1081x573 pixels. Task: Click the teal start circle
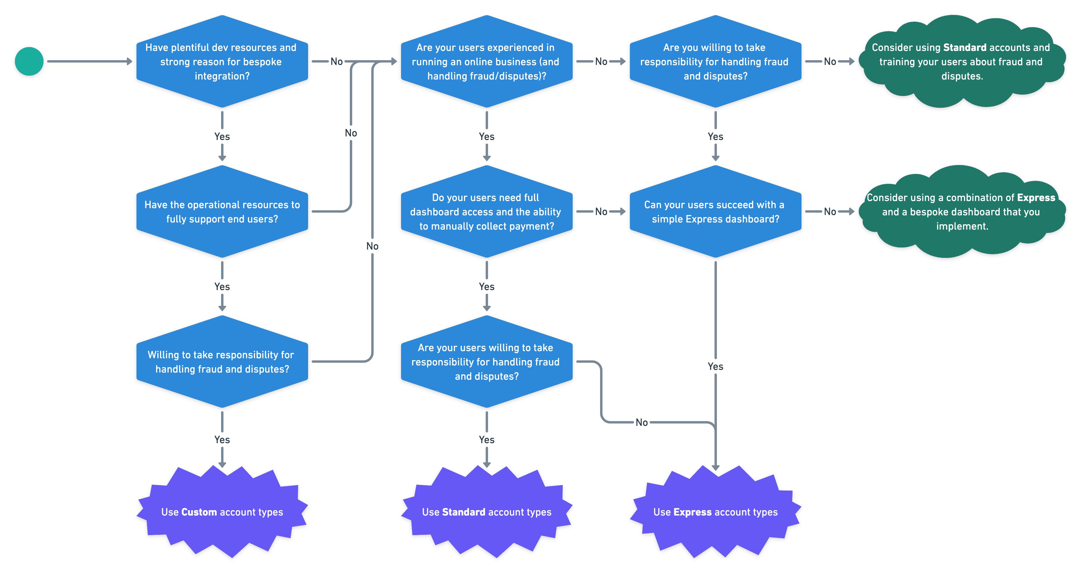click(29, 61)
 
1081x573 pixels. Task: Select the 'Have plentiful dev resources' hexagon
click(222, 62)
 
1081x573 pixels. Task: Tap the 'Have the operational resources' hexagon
click(222, 211)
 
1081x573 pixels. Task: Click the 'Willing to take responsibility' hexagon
click(222, 362)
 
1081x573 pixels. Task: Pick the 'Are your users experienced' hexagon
click(486, 62)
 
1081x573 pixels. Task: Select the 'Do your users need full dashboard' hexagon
click(486, 211)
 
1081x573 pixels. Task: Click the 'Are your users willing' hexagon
click(486, 362)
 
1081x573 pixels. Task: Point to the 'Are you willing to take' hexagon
click(715, 62)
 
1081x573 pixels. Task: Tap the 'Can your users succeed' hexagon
click(715, 211)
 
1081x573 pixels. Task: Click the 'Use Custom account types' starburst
click(222, 512)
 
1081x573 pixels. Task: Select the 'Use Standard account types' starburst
click(486, 512)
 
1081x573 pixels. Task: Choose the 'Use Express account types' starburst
click(715, 512)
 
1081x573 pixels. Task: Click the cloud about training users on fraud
click(961, 62)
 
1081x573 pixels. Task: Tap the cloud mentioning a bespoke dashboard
click(961, 211)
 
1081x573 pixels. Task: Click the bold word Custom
click(199, 512)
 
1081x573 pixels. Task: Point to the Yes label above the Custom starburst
click(222, 440)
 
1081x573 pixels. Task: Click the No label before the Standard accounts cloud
click(830, 62)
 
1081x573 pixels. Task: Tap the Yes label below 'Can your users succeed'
click(715, 367)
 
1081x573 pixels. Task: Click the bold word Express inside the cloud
click(1036, 197)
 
